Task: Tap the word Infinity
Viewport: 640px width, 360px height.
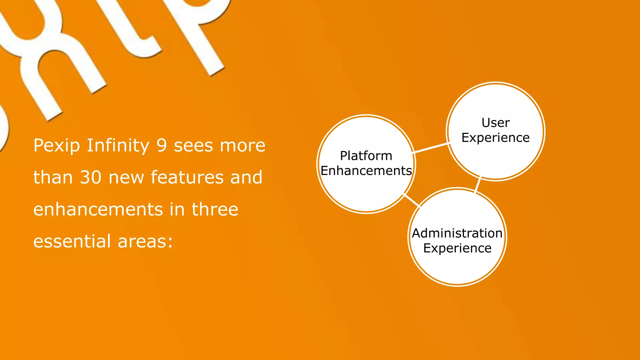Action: pyautogui.click(x=118, y=146)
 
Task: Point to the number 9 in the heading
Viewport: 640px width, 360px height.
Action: pyautogui.click(x=162, y=146)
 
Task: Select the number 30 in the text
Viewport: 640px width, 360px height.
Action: pyautogui.click(x=91, y=177)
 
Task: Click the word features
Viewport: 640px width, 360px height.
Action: pyautogui.click(x=187, y=177)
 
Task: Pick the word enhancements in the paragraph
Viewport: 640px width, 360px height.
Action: pyautogui.click(x=98, y=209)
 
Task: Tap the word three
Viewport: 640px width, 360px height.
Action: pyautogui.click(x=215, y=209)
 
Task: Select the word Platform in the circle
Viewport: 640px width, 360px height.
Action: pyautogui.click(x=366, y=156)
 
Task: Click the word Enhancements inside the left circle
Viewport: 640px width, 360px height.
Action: pyautogui.click(x=366, y=171)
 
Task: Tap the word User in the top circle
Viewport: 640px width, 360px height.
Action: pyautogui.click(x=495, y=122)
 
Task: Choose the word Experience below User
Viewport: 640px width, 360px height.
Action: pyautogui.click(x=495, y=137)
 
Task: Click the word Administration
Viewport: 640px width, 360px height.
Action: pyautogui.click(x=457, y=233)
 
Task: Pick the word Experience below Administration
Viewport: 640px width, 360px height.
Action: pyautogui.click(x=457, y=248)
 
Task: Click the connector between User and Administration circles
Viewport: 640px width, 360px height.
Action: pyautogui.click(x=478, y=184)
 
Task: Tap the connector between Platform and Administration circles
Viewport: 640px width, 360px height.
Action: pyautogui.click(x=411, y=200)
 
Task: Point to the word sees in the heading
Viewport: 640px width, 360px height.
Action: pyautogui.click(x=193, y=146)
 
